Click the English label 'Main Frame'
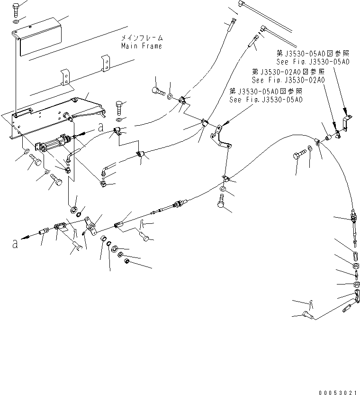tap(141, 46)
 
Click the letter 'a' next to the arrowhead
tap(15, 244)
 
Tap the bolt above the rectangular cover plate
tap(16, 8)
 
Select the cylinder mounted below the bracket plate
tap(56, 142)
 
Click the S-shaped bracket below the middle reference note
tap(220, 138)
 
